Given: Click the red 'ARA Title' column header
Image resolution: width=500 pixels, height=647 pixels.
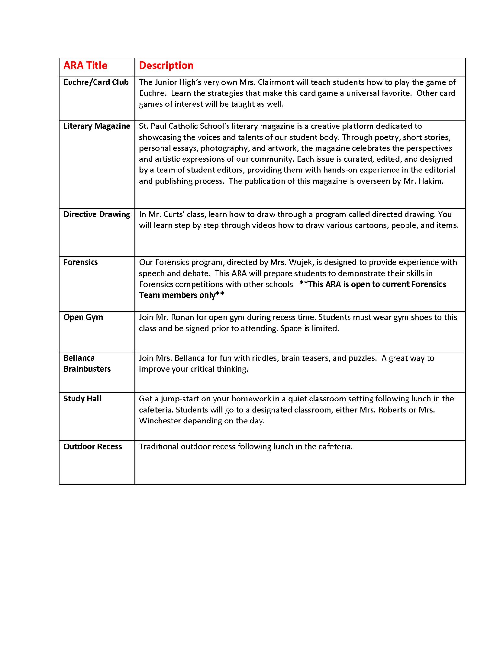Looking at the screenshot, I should (x=85, y=66).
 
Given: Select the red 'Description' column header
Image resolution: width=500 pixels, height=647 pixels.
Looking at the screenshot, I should (x=166, y=66).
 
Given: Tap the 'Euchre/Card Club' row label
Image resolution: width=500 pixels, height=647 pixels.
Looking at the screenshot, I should (x=96, y=82).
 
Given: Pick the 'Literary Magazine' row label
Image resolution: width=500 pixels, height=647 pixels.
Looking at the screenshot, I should (x=96, y=126).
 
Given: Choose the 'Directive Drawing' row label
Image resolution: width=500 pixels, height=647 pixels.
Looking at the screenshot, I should (x=96, y=214).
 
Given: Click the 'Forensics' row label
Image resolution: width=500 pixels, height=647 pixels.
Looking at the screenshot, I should (x=81, y=262).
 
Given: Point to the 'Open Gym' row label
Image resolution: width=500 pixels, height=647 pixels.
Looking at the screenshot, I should (x=83, y=317).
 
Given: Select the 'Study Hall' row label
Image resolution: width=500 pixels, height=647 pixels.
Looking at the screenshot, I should (x=82, y=399).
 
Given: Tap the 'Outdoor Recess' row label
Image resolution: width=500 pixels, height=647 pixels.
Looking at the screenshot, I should (x=93, y=447).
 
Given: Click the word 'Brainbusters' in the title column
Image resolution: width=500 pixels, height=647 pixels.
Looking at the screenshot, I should (x=87, y=369).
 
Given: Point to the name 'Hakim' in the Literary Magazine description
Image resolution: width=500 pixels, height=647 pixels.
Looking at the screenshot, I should (x=430, y=181).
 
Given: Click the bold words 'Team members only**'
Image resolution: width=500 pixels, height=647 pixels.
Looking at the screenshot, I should (x=182, y=295).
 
